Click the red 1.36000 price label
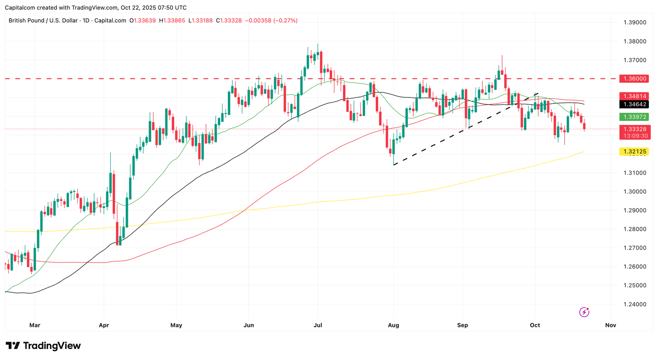[635, 79]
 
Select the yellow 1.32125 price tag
[635, 152]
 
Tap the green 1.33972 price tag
[635, 117]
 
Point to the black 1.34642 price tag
[635, 104]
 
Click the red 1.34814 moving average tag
[635, 96]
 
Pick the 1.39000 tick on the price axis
[635, 23]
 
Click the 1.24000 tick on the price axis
[635, 304]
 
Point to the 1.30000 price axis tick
[635, 192]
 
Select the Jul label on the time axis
[318, 325]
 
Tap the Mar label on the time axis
[35, 325]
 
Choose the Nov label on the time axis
[611, 325]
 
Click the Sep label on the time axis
[463, 325]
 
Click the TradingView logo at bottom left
[43, 346]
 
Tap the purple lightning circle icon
[584, 312]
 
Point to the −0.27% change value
[286, 21]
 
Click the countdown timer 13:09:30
[635, 136]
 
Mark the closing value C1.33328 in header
[231, 21]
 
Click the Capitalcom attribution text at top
[96, 7]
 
